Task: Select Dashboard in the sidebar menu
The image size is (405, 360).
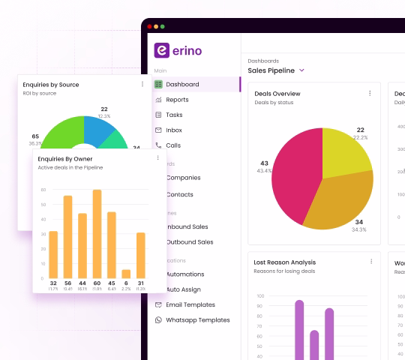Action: point(182,85)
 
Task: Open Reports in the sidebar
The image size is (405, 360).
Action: point(177,100)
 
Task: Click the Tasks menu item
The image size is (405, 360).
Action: point(174,115)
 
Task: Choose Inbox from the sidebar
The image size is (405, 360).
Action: point(174,130)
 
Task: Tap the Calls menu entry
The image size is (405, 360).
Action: point(173,145)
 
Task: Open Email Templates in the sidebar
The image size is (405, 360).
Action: point(190,304)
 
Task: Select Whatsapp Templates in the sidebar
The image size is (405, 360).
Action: point(198,320)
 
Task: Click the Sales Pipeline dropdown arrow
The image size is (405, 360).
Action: point(301,70)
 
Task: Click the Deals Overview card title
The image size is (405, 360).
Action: point(277,94)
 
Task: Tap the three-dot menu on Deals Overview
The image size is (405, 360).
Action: point(370,94)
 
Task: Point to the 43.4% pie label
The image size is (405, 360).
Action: point(264,172)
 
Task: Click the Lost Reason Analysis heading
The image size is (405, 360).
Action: point(285,262)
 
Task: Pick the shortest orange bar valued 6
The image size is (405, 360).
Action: point(126,274)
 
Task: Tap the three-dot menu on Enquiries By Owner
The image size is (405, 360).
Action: point(157,158)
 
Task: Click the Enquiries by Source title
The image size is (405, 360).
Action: point(51,85)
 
